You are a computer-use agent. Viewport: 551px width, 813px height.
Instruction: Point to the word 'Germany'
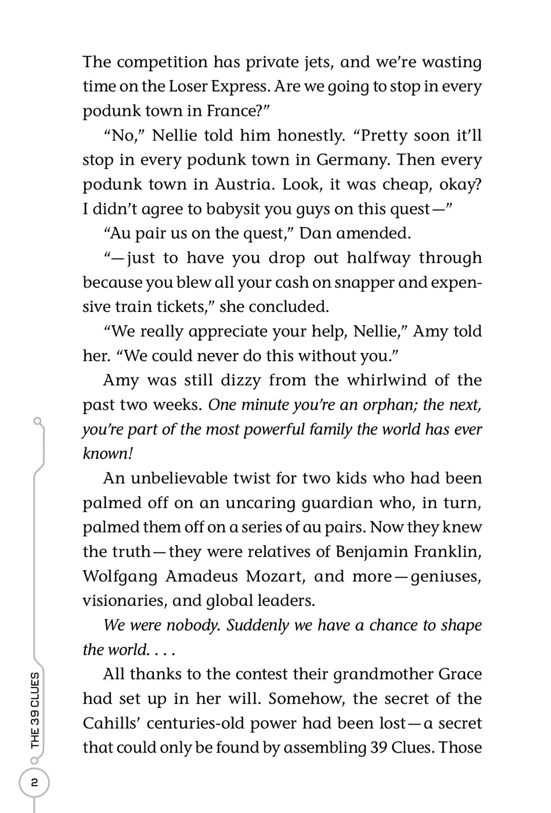click(x=352, y=160)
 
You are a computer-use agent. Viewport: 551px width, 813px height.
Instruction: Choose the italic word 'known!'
click(x=108, y=454)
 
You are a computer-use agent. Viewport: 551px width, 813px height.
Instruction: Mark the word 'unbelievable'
click(x=178, y=478)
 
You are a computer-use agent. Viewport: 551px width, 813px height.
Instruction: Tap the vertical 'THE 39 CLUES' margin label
click(x=35, y=710)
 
